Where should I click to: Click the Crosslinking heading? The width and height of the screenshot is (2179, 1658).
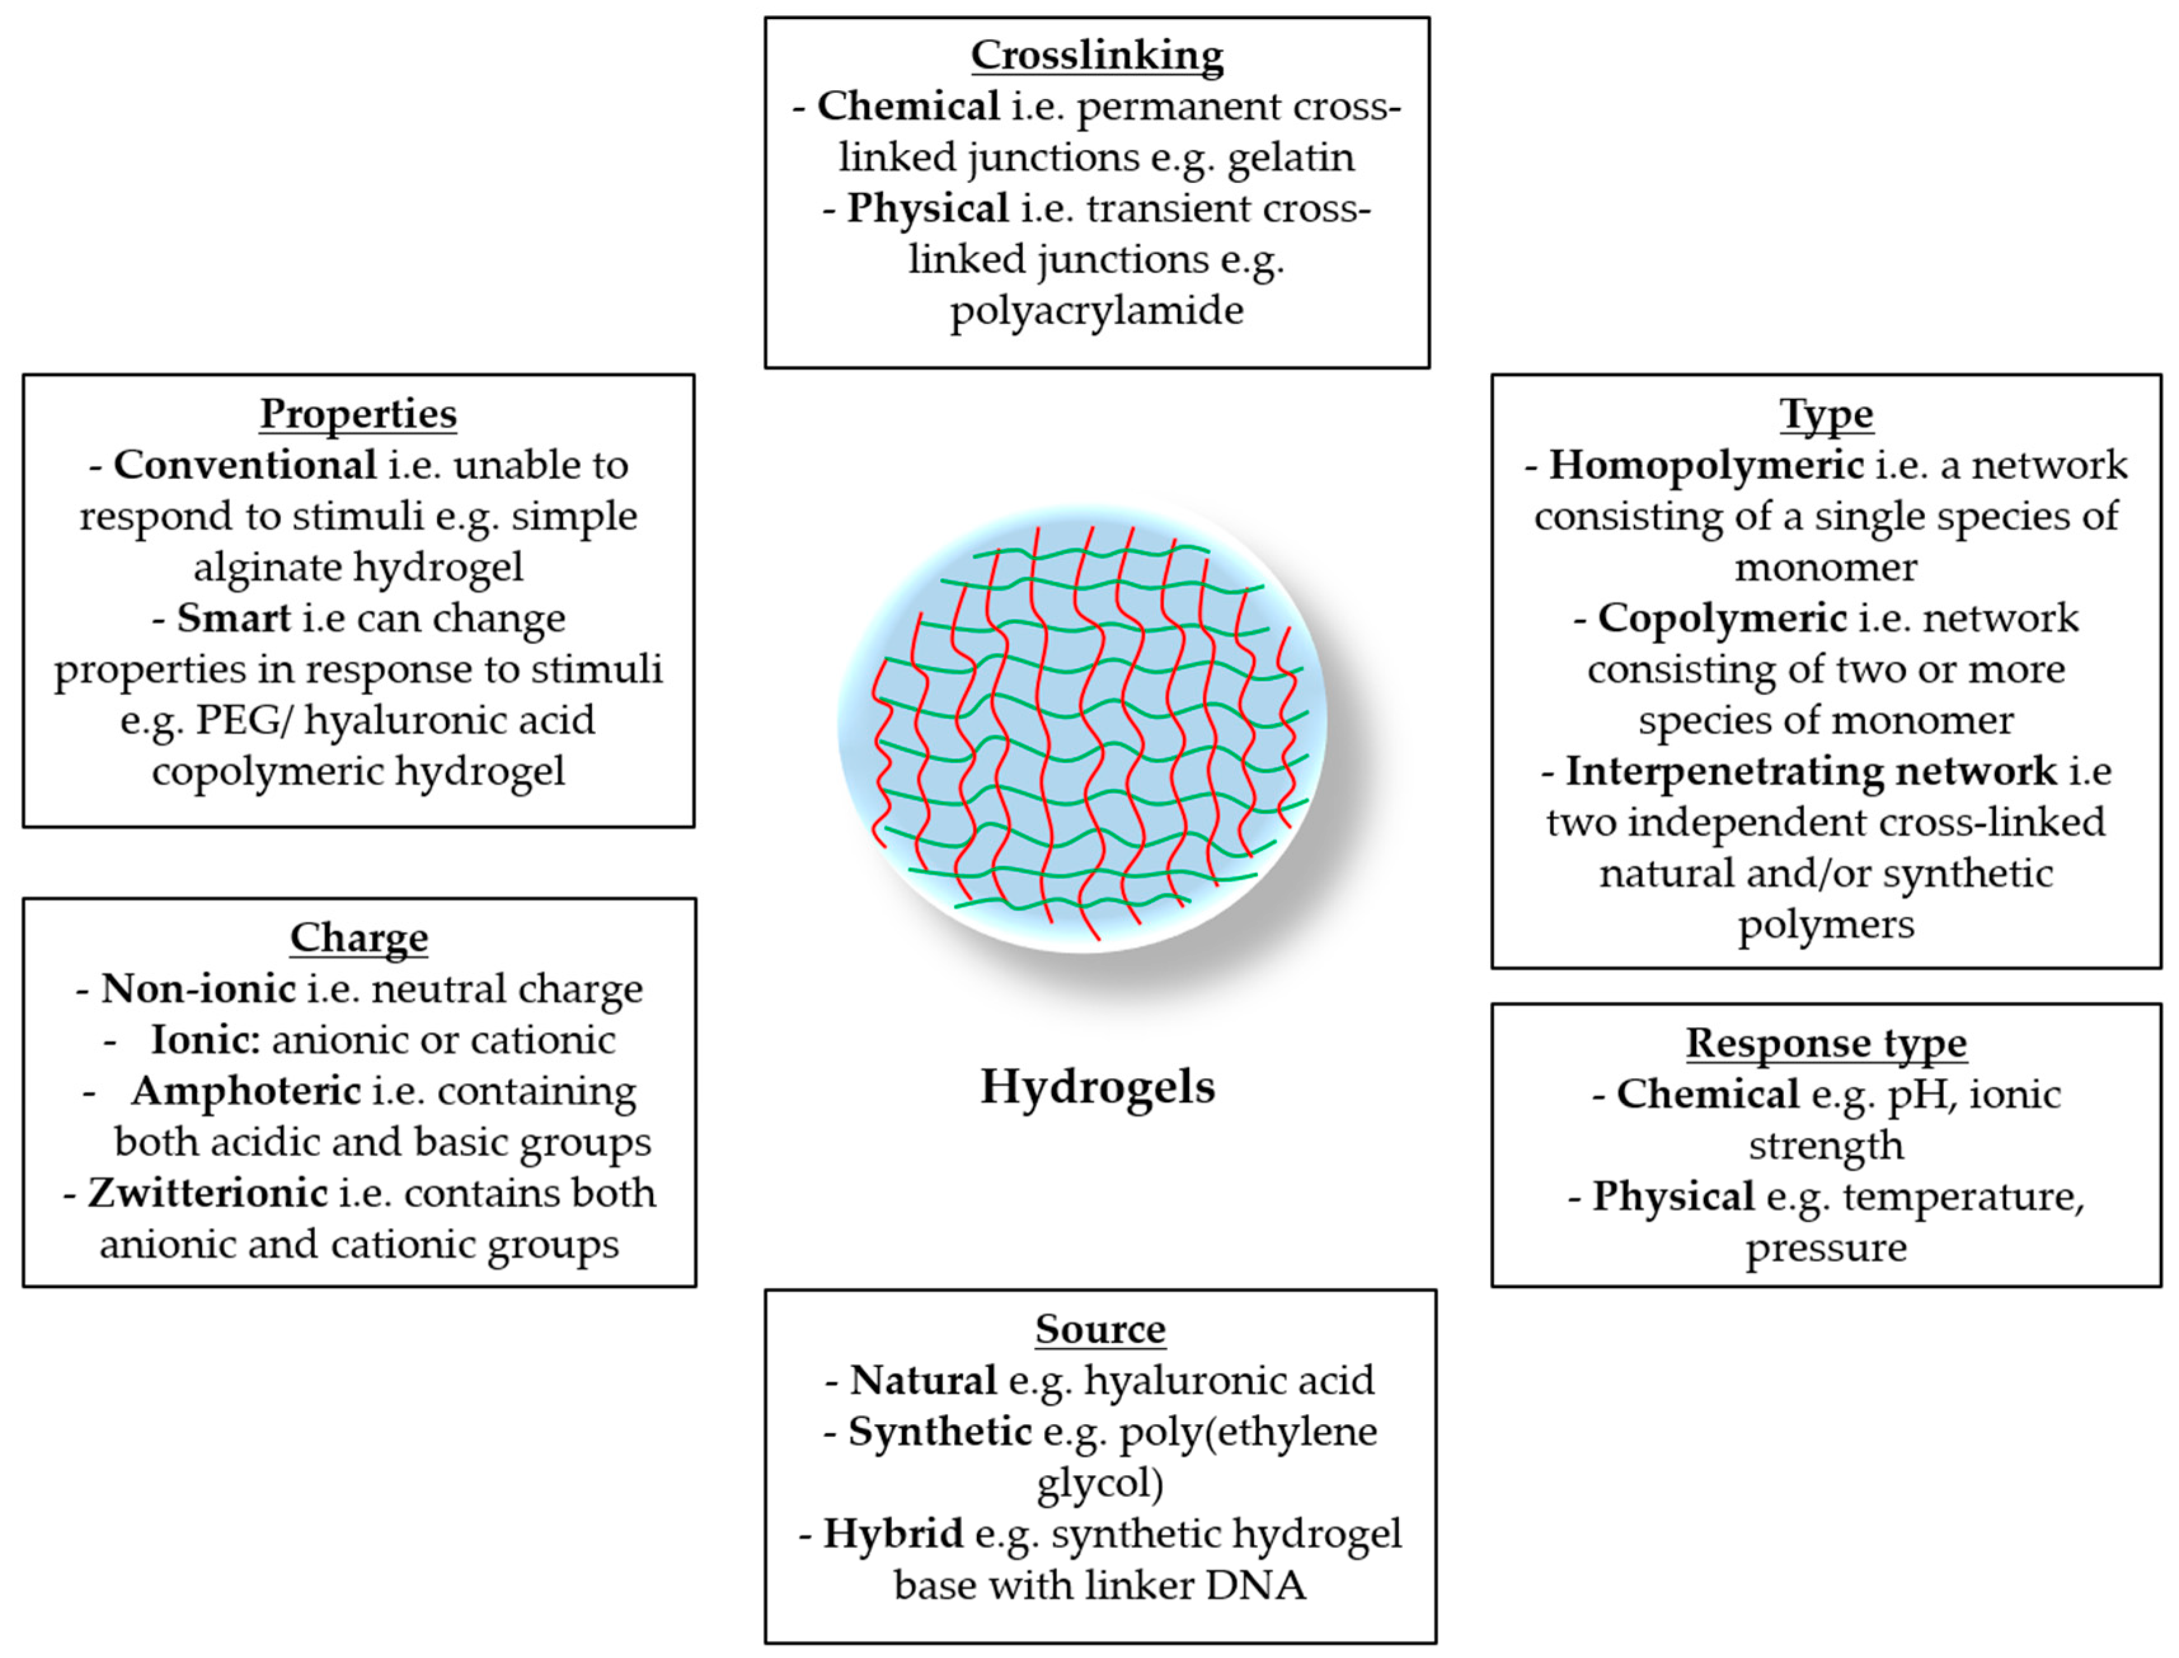[1096, 55]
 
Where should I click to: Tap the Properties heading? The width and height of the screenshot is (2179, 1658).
[358, 414]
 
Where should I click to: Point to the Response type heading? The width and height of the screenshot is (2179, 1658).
[1826, 1043]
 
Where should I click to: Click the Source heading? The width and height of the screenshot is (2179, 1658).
[1100, 1330]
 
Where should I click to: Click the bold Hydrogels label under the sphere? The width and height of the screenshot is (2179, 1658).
[1097, 1086]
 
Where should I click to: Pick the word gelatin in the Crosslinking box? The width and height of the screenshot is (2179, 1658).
[1291, 157]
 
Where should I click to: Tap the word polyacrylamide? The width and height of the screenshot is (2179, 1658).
[1096, 311]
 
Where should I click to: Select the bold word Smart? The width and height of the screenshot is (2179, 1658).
[234, 619]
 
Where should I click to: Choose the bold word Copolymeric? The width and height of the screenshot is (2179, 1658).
[1722, 619]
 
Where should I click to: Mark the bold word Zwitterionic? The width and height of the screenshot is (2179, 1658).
[208, 1193]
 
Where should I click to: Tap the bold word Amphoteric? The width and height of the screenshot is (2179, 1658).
[246, 1091]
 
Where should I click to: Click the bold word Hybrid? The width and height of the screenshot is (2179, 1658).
[893, 1533]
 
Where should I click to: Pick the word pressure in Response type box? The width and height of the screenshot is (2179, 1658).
[1826, 1248]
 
